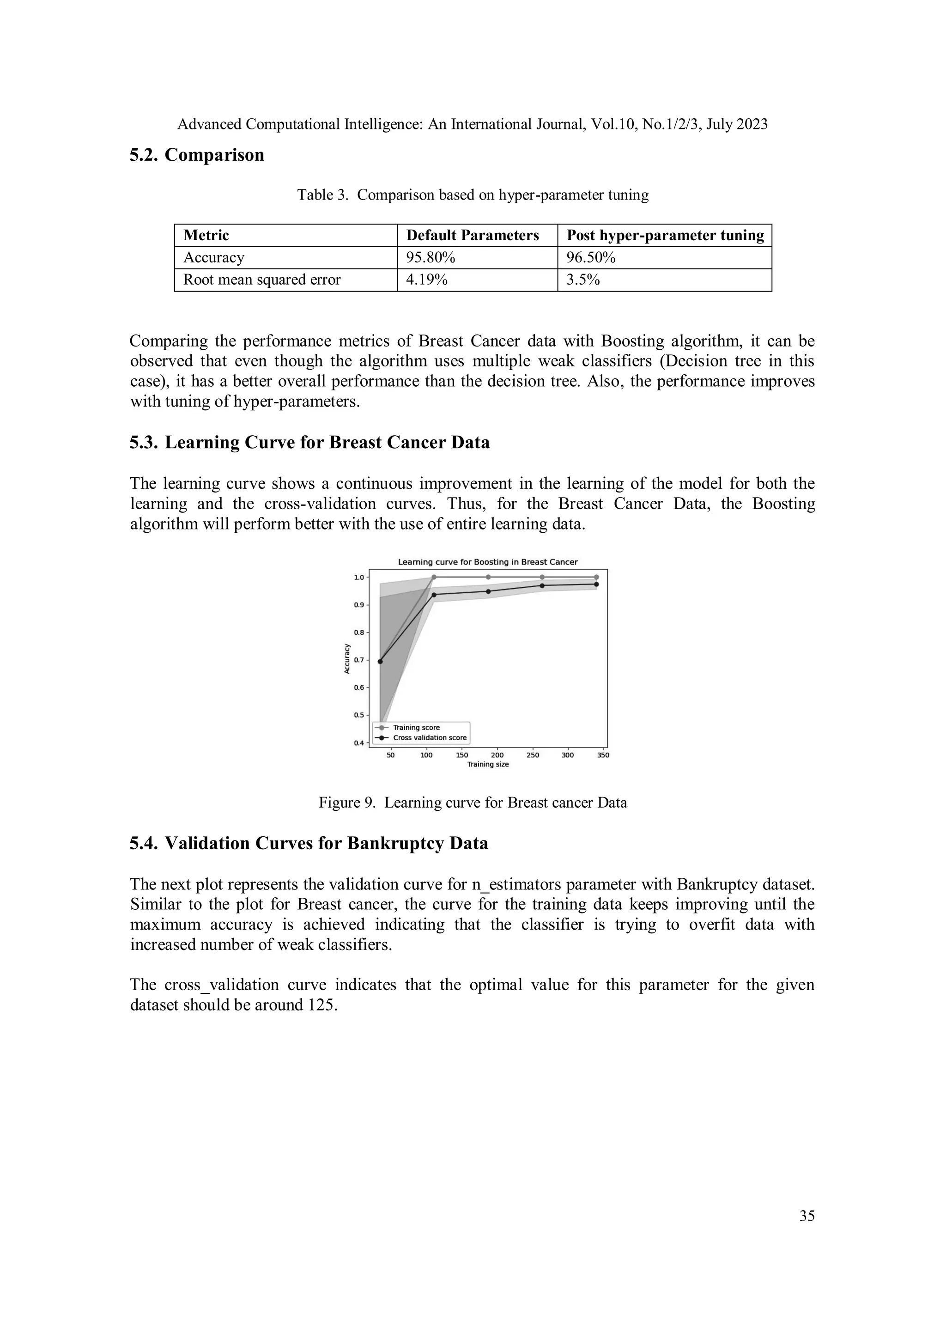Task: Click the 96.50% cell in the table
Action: tap(590, 257)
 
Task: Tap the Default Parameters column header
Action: tap(472, 235)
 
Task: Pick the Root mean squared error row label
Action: tap(262, 280)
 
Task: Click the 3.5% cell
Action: tap(583, 280)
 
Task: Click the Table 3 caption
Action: tap(472, 195)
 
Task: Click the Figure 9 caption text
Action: tap(472, 803)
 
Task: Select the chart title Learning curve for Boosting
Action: tap(487, 562)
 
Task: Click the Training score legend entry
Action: tap(416, 727)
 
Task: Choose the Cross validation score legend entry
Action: tap(429, 738)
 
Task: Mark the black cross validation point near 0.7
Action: tap(380, 661)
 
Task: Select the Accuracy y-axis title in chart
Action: tap(347, 659)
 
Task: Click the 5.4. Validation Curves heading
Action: tap(309, 843)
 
